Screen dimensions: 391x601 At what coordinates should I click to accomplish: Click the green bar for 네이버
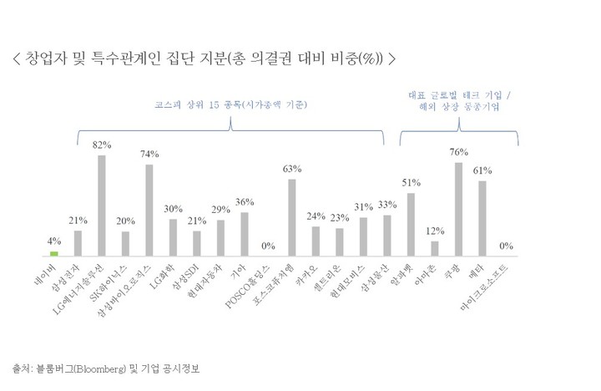click(54, 252)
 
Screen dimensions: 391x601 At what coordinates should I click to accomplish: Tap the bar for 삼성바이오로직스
click(149, 209)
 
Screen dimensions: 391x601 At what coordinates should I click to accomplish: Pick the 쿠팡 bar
click(458, 208)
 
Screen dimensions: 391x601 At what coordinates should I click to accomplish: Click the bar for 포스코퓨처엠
click(292, 216)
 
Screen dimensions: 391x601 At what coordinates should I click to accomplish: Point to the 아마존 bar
click(435, 247)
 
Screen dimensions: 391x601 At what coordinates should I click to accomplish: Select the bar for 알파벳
click(411, 223)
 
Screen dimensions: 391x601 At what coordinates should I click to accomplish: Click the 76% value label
click(458, 152)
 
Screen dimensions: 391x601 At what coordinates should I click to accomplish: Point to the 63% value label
click(292, 169)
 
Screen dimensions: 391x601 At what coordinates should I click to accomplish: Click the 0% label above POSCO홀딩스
click(268, 245)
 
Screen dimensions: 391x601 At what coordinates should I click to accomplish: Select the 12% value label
click(435, 231)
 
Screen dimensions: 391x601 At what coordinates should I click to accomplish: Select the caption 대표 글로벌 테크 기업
click(458, 94)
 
